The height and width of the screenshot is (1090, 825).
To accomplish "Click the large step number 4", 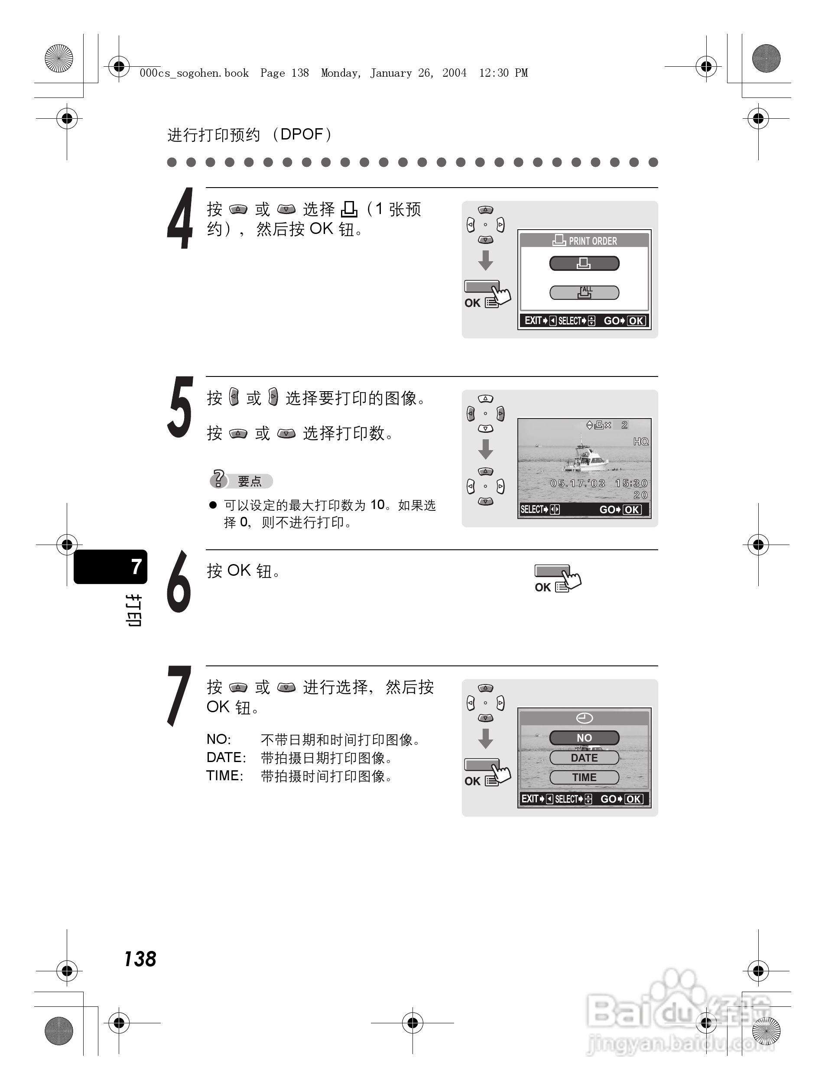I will point(180,219).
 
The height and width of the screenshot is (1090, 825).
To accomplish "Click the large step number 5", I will point(180,407).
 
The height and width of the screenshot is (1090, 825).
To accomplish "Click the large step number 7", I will point(179,696).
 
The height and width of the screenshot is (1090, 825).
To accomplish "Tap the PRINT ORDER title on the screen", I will point(592,241).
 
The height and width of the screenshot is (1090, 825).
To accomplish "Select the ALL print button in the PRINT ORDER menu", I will point(585,293).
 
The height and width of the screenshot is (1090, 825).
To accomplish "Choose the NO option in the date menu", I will point(584,738).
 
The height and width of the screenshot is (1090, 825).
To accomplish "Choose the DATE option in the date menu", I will point(584,757).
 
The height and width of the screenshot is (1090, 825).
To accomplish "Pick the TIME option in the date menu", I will point(584,777).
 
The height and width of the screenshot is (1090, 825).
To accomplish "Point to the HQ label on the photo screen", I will point(641,441).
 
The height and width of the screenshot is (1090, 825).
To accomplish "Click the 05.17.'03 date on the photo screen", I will point(578,483).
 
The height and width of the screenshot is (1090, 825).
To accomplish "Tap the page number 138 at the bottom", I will point(140,959).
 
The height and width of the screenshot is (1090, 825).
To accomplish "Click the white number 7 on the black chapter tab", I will point(136,567).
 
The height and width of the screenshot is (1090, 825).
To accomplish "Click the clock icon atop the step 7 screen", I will point(585,718).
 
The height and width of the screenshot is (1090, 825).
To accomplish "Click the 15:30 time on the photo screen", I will point(631,483).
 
